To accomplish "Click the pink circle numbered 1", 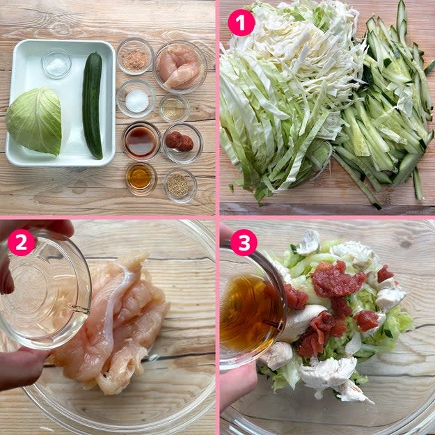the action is tap(241, 23).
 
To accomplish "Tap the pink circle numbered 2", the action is tap(22, 242).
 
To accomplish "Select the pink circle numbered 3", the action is tap(244, 242).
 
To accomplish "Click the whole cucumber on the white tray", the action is tap(93, 105).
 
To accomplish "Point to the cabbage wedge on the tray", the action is tap(34, 120).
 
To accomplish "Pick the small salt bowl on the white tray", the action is tap(56, 64).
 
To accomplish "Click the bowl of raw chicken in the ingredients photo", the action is tap(180, 67).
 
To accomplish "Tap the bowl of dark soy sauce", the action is tap(141, 141).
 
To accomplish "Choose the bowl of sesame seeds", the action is tap(180, 185).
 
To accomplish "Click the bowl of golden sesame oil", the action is tap(141, 178).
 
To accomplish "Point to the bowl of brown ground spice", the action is tap(135, 56).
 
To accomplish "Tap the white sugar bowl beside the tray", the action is tap(136, 99).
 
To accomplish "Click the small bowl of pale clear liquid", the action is tap(174, 108).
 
